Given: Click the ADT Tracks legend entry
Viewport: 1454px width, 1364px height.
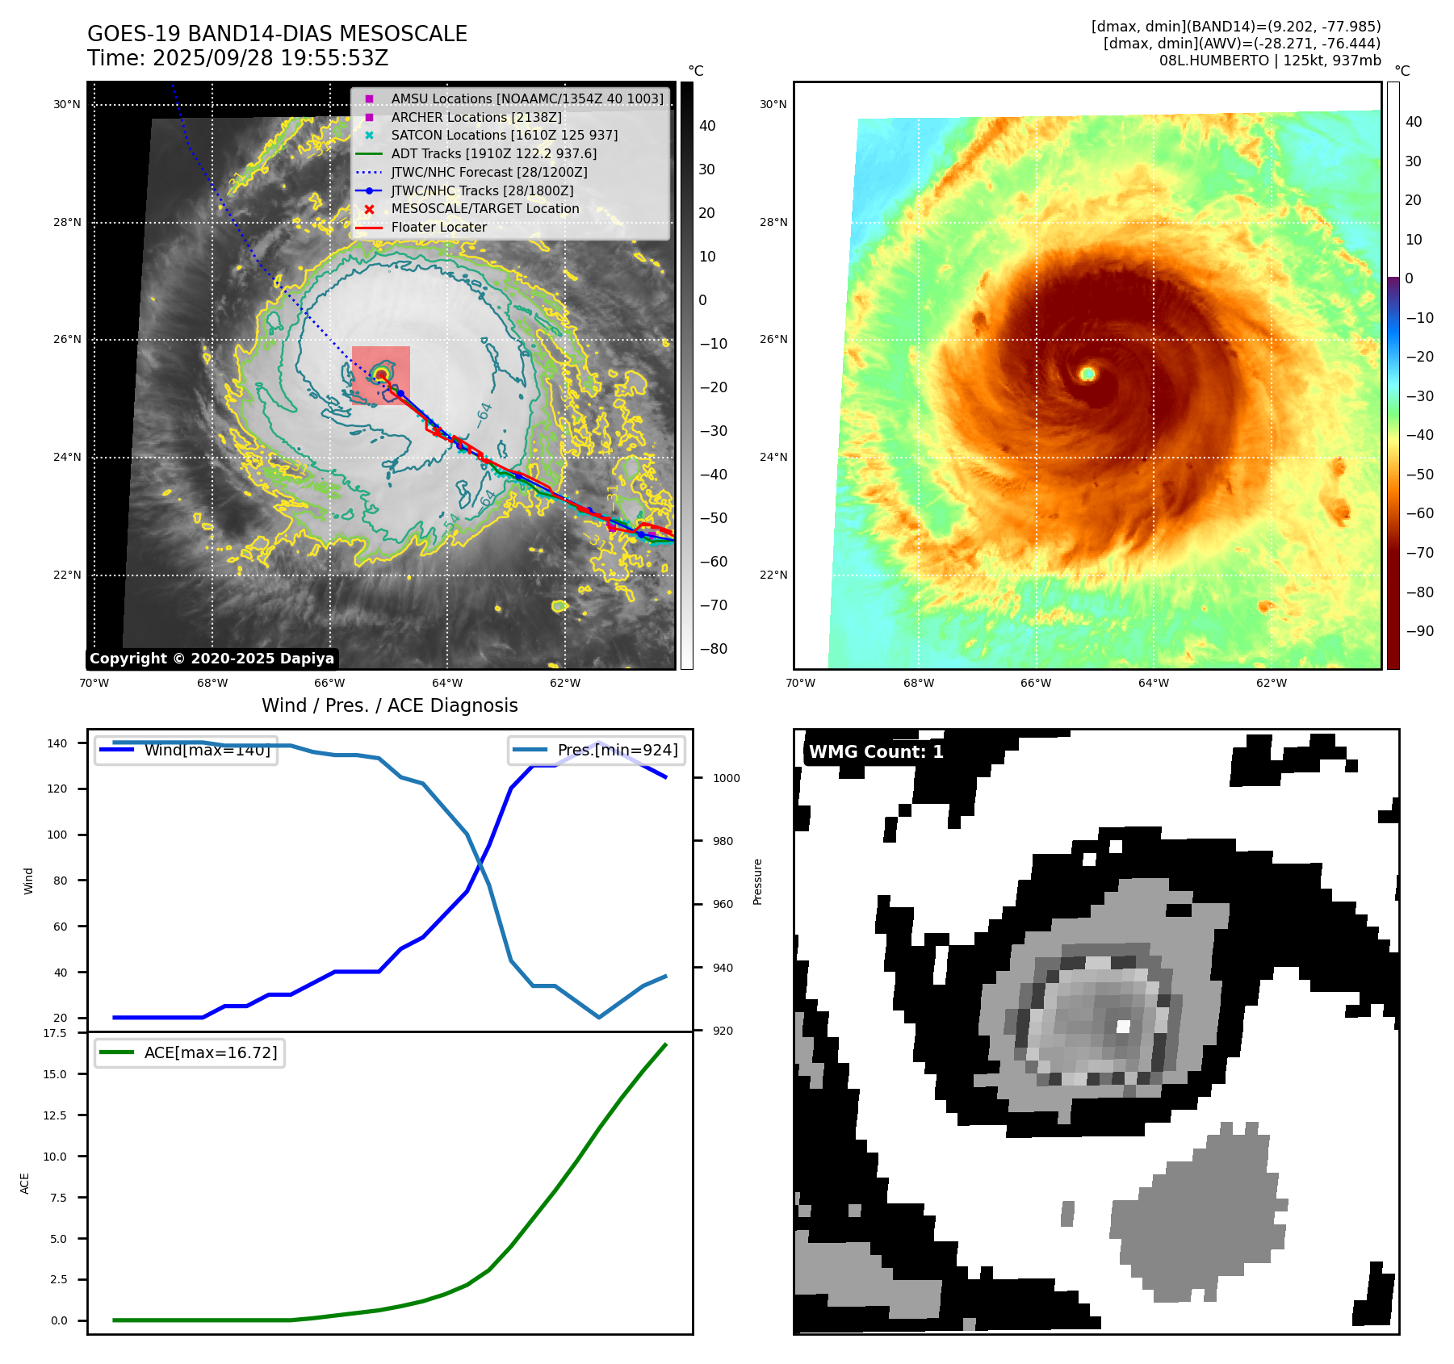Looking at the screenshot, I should pyautogui.click(x=493, y=153).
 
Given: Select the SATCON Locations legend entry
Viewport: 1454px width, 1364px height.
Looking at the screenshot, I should pyautogui.click(x=504, y=135).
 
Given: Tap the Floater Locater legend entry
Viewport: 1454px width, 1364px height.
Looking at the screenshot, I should pyautogui.click(x=438, y=227).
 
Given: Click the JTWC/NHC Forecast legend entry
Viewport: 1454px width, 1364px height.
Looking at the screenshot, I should pyautogui.click(x=488, y=172).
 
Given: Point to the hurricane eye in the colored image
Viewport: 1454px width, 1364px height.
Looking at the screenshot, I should pyautogui.click(x=1087, y=373).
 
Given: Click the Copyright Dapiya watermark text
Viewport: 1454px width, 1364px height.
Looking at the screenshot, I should pyautogui.click(x=212, y=659).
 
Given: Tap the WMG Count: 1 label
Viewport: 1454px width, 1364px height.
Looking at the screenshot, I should pyautogui.click(x=876, y=752).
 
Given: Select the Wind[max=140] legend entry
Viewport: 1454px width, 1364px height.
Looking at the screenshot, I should pyautogui.click(x=207, y=750).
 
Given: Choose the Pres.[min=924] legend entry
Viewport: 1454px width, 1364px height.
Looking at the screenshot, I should pyautogui.click(x=617, y=750).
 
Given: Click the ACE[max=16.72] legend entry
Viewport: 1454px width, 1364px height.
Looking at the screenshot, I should pyautogui.click(x=210, y=1052).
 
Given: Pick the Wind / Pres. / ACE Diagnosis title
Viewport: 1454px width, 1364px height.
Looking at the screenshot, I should pyautogui.click(x=389, y=705).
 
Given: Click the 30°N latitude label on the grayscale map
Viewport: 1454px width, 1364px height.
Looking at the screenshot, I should pyautogui.click(x=67, y=104).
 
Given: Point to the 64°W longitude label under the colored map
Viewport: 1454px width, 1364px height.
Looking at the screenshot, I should pyautogui.click(x=1153, y=683).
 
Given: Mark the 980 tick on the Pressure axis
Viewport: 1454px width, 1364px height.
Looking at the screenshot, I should pyautogui.click(x=723, y=841).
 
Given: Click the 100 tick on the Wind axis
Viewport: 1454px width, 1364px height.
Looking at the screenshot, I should pyautogui.click(x=57, y=835).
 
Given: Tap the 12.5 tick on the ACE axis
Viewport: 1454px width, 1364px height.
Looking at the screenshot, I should pyautogui.click(x=55, y=1115).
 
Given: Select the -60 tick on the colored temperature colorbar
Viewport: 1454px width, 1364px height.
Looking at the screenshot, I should pyautogui.click(x=1419, y=513).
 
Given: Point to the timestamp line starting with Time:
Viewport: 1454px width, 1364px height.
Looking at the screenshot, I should pyautogui.click(x=238, y=58).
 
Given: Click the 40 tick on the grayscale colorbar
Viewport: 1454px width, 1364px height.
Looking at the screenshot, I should pyautogui.click(x=707, y=125).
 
